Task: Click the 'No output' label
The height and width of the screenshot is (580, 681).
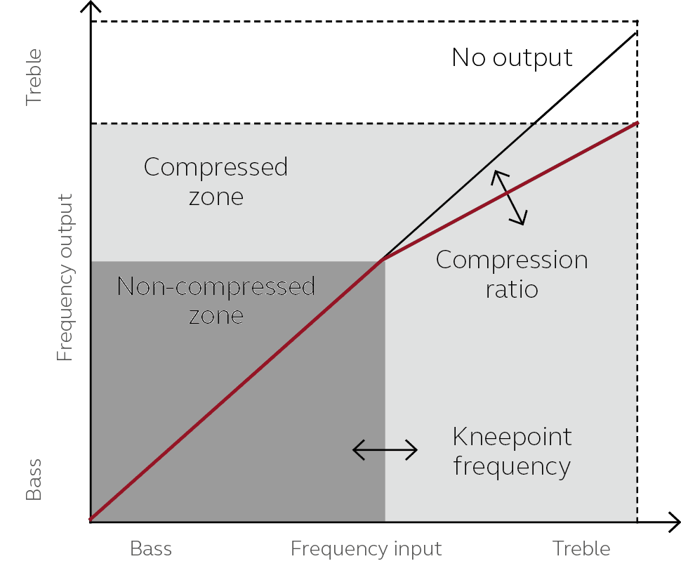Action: [x=512, y=58]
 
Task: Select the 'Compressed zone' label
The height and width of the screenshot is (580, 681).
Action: [x=216, y=181]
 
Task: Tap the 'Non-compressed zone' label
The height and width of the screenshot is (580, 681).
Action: [x=216, y=301]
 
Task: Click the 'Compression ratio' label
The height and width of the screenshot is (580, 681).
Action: [x=512, y=274]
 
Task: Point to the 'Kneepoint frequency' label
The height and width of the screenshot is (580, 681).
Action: [x=512, y=452]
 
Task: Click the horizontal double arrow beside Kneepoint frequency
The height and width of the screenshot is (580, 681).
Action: [x=385, y=450]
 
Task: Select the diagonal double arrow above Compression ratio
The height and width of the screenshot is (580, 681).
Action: [x=508, y=197]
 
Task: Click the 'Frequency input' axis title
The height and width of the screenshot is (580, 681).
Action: [x=366, y=548]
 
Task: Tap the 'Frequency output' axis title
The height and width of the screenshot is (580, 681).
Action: [x=65, y=277]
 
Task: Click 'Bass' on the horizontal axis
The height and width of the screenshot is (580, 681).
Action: [x=151, y=548]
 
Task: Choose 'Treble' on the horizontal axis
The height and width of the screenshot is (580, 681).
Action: [x=581, y=548]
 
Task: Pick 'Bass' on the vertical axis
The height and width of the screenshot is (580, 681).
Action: [x=34, y=480]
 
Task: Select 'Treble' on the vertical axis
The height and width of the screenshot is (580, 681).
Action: [x=34, y=77]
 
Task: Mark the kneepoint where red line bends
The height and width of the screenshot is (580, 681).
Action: [x=381, y=261]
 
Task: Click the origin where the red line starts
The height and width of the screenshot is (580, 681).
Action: [x=91, y=520]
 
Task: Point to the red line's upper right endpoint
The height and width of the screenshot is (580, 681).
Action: [x=637, y=123]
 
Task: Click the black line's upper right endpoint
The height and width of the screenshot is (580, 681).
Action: [x=637, y=32]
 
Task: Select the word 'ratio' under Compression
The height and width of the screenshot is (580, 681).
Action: [x=512, y=289]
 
